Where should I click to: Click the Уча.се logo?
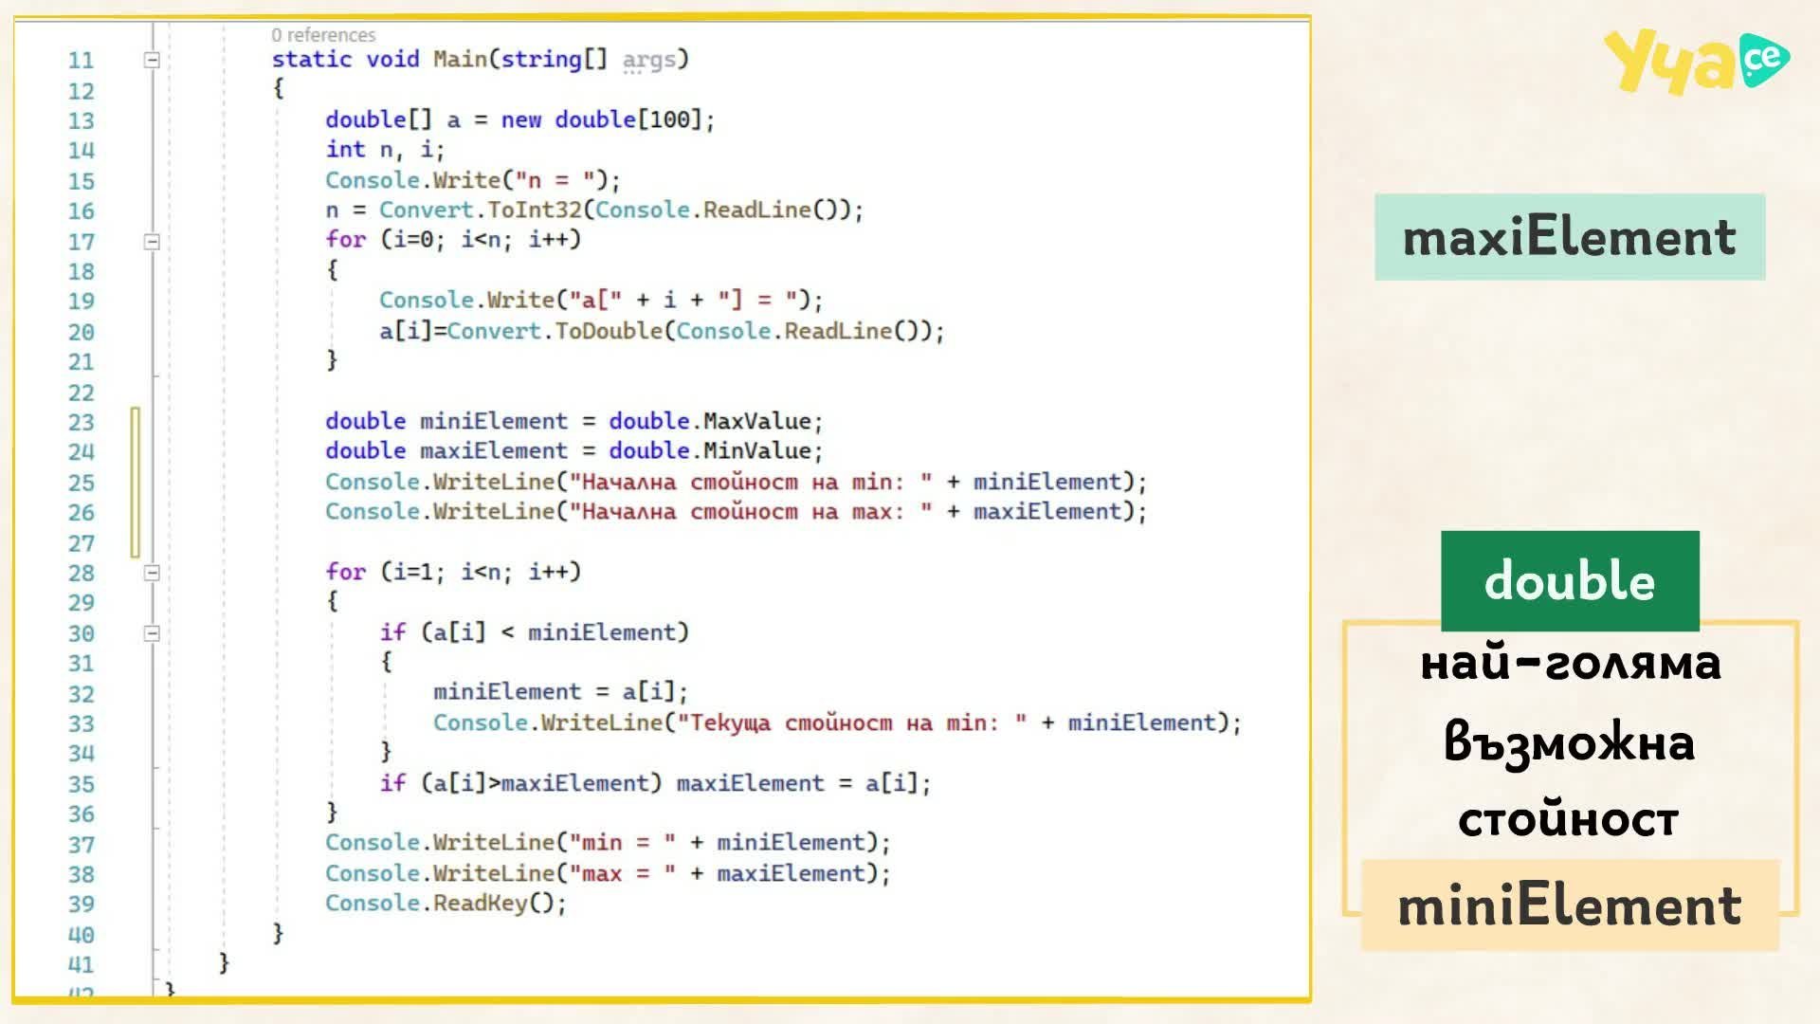pos(1697,61)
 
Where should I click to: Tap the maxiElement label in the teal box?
pos(1570,237)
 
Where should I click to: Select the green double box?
pos(1570,580)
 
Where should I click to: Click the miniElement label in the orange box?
pos(1570,905)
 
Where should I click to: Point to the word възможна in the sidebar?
pos(1570,742)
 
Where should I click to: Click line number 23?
pos(82,423)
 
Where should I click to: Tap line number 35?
pos(82,785)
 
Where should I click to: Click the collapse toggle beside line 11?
pos(152,60)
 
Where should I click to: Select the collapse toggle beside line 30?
pos(152,633)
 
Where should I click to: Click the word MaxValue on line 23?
pos(756,421)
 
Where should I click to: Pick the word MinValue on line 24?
pos(756,450)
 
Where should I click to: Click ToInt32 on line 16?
pos(534,210)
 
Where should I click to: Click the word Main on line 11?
pos(460,59)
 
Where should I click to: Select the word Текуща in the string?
pos(730,722)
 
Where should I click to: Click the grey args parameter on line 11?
pos(648,60)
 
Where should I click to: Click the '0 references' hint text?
pos(323,35)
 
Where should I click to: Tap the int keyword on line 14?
pos(345,149)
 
